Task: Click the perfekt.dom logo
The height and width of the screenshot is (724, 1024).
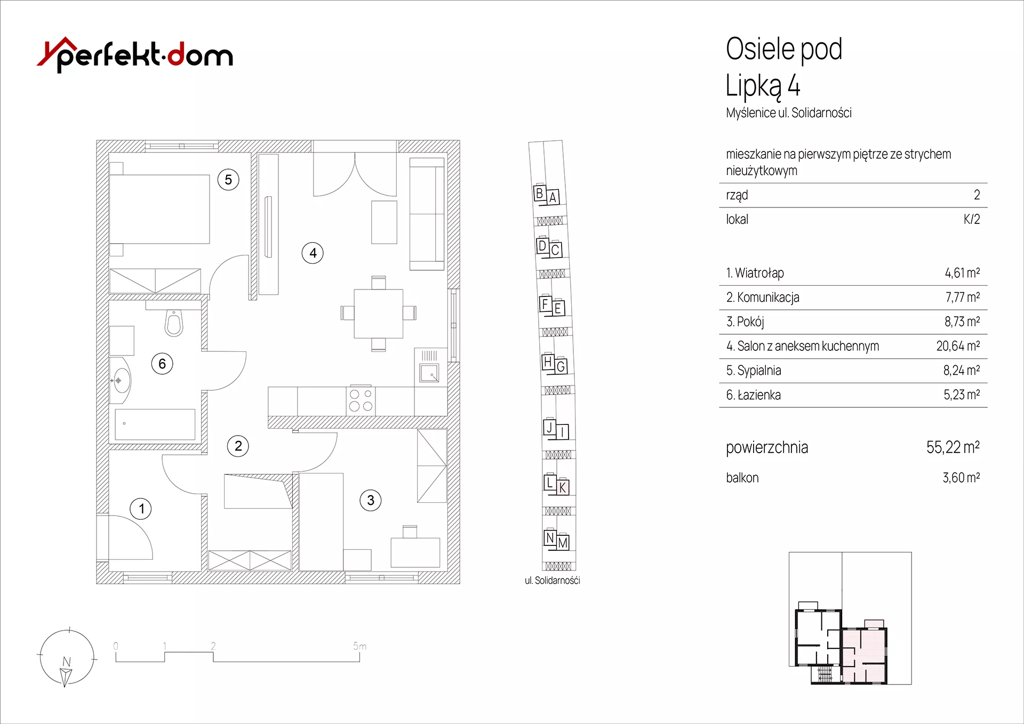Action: point(135,54)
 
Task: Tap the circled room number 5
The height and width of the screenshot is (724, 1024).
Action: point(228,180)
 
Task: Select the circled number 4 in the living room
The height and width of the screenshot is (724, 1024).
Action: point(313,253)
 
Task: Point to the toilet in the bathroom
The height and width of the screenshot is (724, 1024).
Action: point(174,323)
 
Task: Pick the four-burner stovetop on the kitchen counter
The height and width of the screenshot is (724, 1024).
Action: point(361,400)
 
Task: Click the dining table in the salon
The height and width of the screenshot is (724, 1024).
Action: point(379,313)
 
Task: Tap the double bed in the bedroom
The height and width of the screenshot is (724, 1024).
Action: point(159,209)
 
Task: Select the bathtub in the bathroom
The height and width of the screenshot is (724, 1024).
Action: point(155,424)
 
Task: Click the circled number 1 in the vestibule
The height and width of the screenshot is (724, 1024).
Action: point(141,509)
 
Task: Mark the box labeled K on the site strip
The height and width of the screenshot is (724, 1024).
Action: point(563,487)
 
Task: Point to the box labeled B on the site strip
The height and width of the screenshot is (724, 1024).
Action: point(540,193)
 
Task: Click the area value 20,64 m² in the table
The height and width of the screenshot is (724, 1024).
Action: point(958,346)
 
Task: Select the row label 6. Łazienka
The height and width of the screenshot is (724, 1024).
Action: point(753,395)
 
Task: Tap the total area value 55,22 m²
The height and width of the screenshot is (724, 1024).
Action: point(953,447)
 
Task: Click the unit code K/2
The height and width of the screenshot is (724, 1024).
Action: point(972,219)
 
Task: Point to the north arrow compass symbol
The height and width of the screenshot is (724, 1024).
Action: point(67,658)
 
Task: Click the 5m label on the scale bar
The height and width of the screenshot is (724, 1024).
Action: point(359,646)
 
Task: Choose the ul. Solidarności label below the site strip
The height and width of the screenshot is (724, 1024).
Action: point(552,581)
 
